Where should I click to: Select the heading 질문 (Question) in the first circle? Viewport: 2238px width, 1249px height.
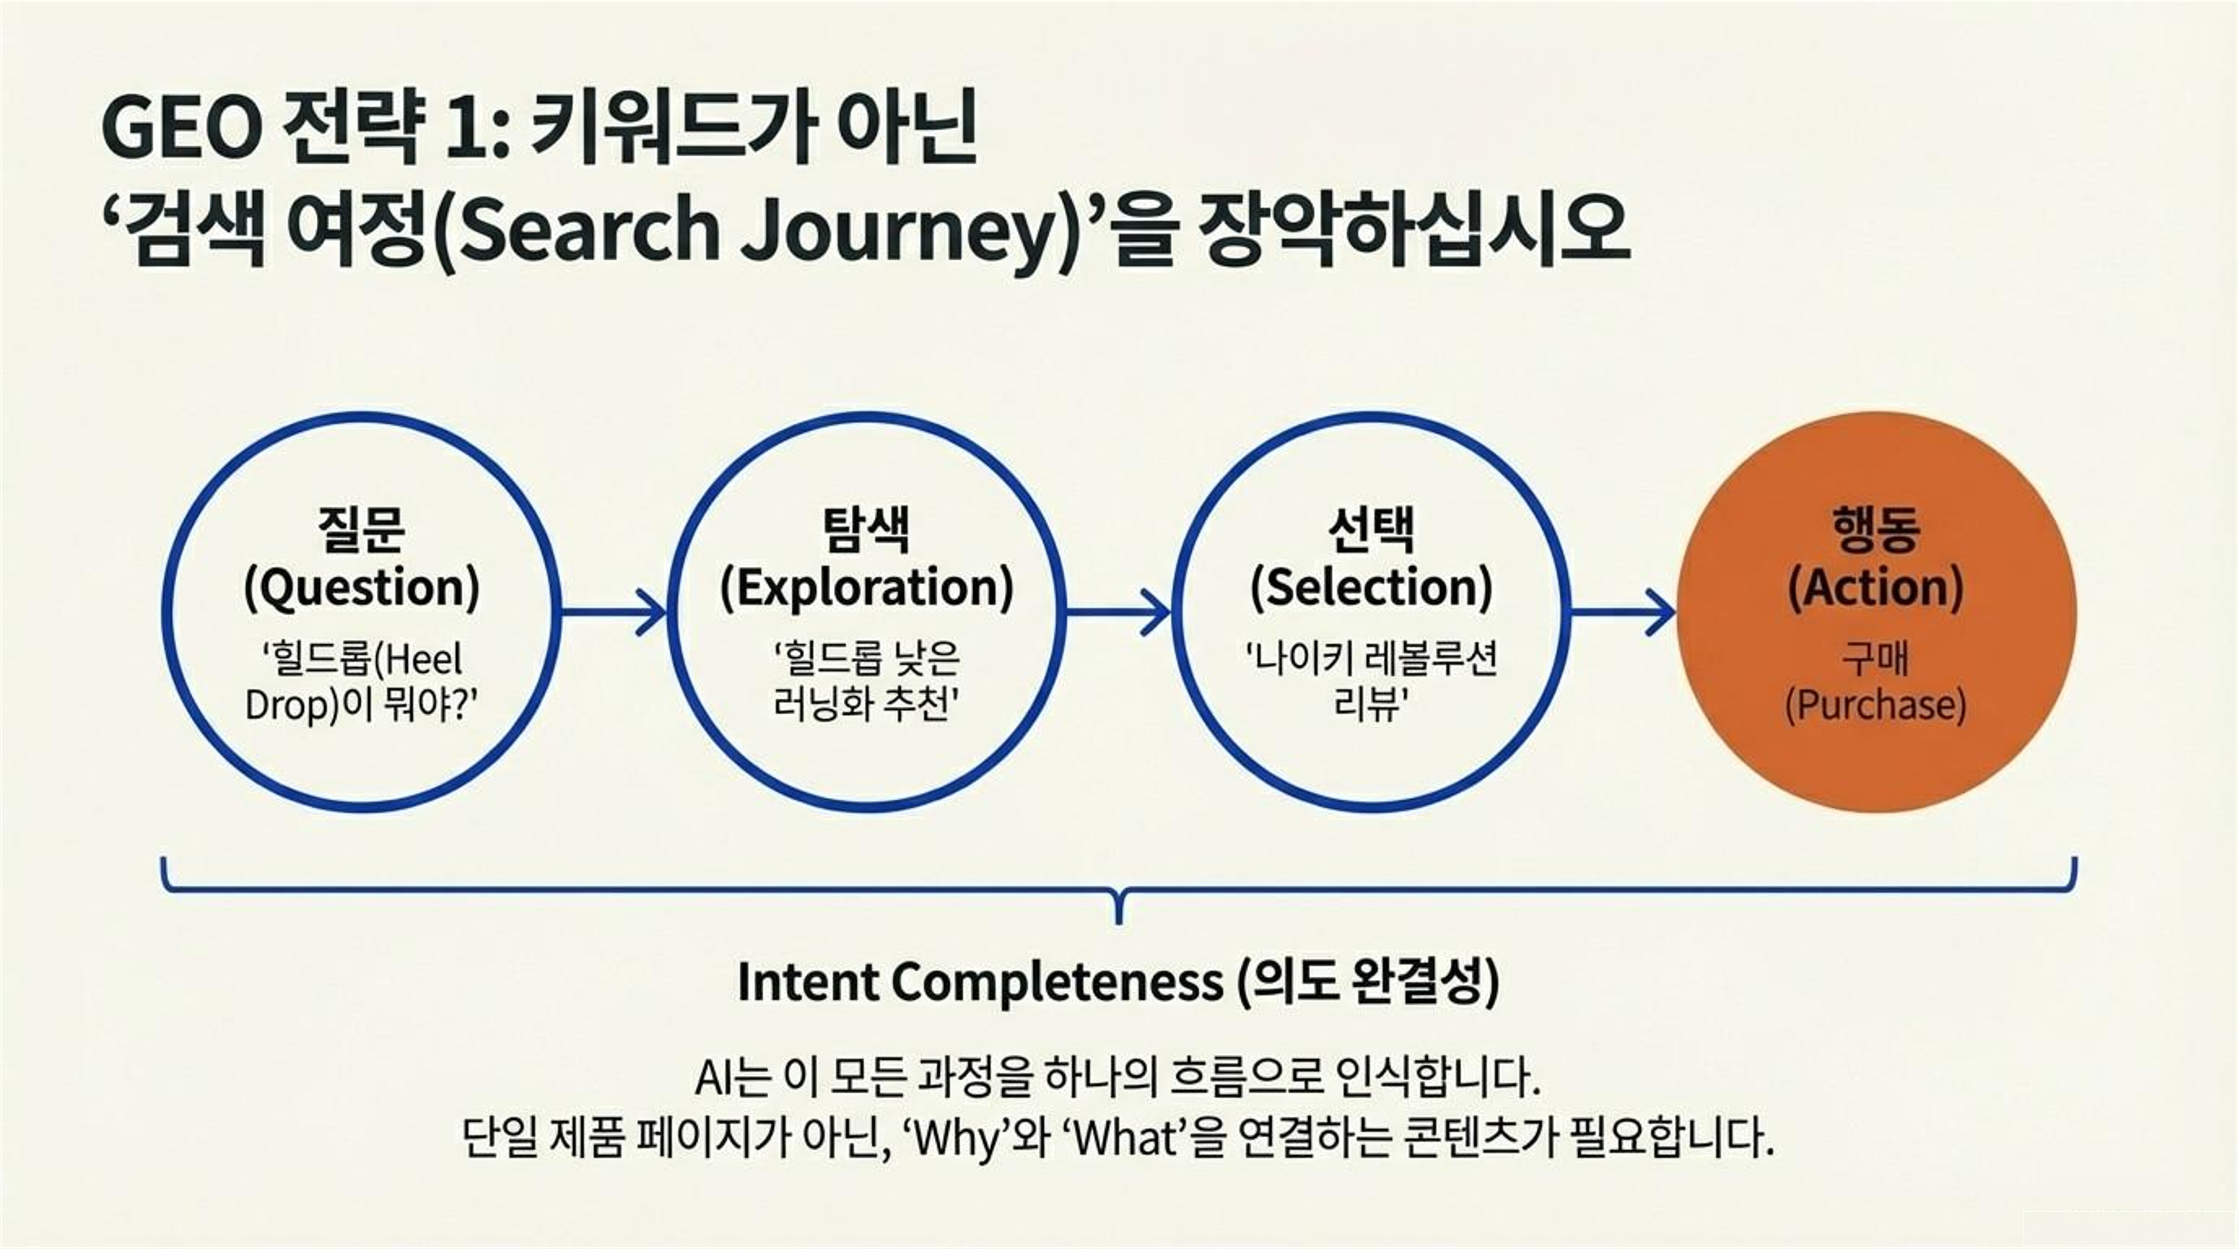361,559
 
